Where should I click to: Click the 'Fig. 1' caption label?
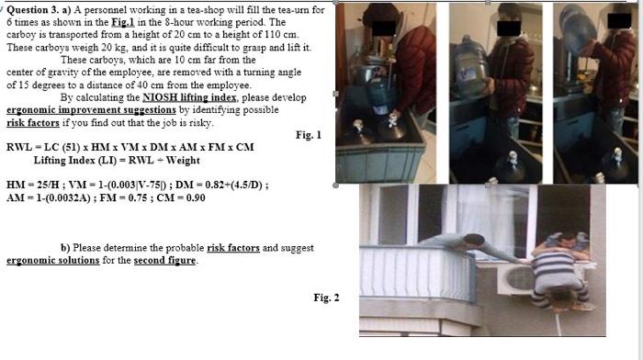(x=309, y=135)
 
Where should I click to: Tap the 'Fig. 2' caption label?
(x=326, y=298)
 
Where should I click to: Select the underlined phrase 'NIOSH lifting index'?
(x=189, y=97)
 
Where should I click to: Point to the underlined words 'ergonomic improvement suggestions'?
(x=91, y=110)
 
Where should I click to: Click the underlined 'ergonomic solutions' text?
(x=53, y=261)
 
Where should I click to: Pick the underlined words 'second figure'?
(x=164, y=261)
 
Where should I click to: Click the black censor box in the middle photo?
(x=509, y=28)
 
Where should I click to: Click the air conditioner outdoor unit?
(x=517, y=279)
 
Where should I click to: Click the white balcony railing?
(x=417, y=273)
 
